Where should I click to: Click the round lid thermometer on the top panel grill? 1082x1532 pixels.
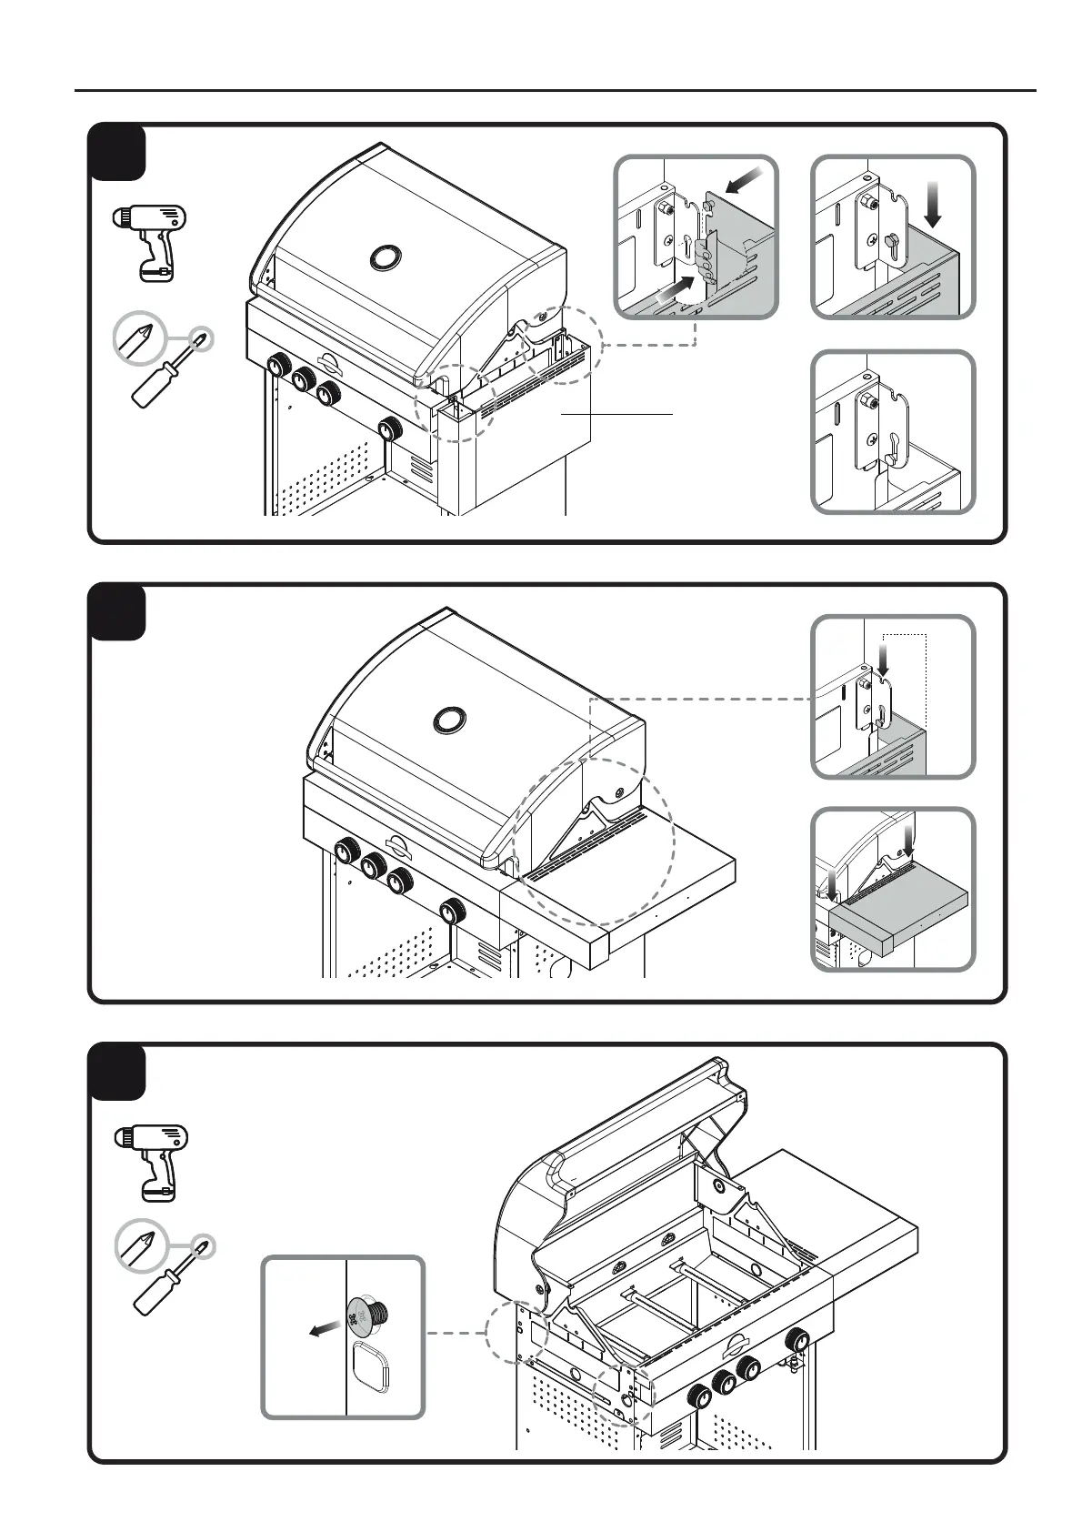point(385,257)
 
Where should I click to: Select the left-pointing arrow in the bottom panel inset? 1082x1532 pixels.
point(323,1330)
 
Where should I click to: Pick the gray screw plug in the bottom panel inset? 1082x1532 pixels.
point(368,1313)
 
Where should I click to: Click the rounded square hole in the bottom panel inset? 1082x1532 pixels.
point(370,1366)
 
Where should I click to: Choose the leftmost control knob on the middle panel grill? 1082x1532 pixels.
point(346,852)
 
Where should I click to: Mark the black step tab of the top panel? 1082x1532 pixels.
point(117,153)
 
